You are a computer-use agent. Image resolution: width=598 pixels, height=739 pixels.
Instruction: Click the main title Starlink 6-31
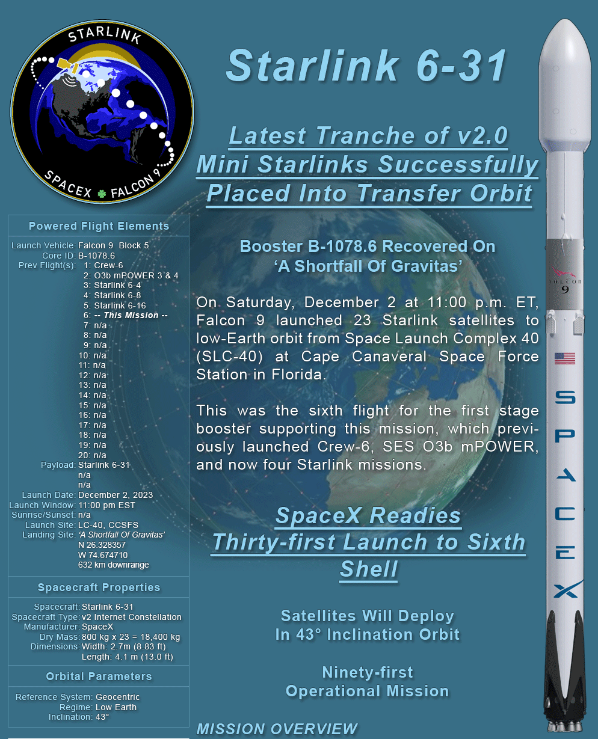pyautogui.click(x=366, y=66)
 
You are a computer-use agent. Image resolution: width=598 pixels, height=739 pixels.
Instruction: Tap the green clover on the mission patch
pyautogui.click(x=102, y=194)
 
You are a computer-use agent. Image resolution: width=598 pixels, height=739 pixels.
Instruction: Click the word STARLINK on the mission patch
pyautogui.click(x=105, y=35)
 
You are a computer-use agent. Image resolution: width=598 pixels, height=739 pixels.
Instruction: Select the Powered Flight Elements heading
pyautogui.click(x=99, y=226)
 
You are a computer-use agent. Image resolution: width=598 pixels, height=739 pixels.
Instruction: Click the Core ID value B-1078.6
pyautogui.click(x=96, y=256)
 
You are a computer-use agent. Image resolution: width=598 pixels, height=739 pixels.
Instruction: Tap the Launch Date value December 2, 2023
pyautogui.click(x=116, y=495)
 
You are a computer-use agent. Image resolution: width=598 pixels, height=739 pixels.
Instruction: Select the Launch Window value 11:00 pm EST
pyautogui.click(x=106, y=505)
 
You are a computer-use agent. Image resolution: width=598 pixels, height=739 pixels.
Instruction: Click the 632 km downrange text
pyautogui.click(x=114, y=565)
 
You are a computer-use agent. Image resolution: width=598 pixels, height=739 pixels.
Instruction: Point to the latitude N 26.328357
pyautogui.click(x=102, y=545)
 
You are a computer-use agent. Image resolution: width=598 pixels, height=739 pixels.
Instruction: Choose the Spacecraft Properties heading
pyautogui.click(x=99, y=587)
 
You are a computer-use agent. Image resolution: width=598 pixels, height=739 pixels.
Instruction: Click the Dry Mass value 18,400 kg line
pyautogui.click(x=131, y=637)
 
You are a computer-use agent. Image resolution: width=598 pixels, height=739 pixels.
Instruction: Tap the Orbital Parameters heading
pyautogui.click(x=99, y=676)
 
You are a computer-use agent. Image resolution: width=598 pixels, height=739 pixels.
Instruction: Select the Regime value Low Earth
pyautogui.click(x=116, y=707)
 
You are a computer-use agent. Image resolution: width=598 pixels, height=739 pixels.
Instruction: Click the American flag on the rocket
pyautogui.click(x=565, y=358)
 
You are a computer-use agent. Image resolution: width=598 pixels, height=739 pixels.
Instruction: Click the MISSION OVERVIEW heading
pyautogui.click(x=277, y=729)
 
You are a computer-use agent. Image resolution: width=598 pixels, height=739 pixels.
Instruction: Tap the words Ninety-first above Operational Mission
pyautogui.click(x=368, y=672)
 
